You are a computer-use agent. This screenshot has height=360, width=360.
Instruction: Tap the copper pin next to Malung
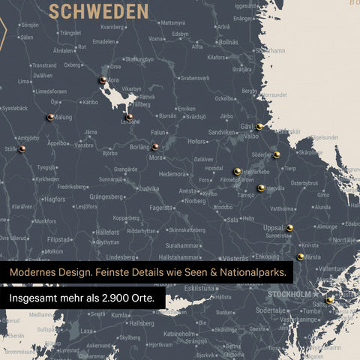[x=49, y=117]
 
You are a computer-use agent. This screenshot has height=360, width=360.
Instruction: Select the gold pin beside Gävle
[x=259, y=127]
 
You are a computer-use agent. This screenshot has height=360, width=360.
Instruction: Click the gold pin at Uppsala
[x=289, y=227]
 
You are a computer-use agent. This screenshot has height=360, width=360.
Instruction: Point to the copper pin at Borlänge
[x=155, y=147]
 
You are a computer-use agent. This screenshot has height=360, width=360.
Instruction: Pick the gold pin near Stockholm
[x=329, y=299]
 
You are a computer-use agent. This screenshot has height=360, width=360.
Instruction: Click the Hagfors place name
[x=54, y=199]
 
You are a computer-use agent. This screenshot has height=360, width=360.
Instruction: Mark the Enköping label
[x=268, y=256]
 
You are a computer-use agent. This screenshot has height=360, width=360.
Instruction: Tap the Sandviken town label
[x=222, y=132]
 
